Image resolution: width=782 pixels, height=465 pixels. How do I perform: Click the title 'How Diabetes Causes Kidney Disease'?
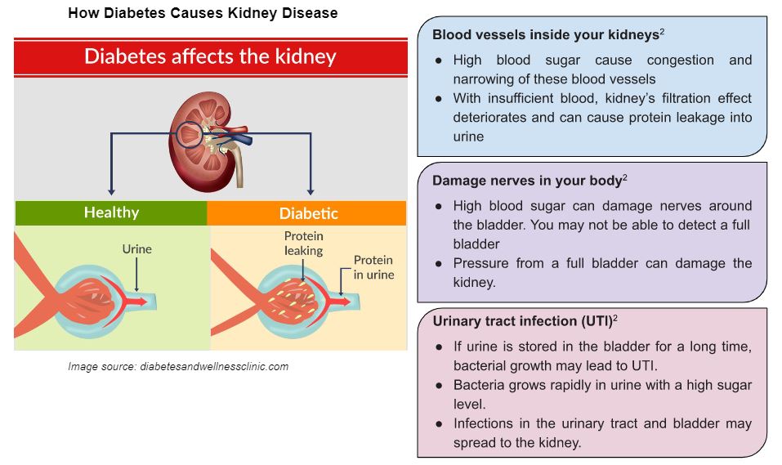point(203,12)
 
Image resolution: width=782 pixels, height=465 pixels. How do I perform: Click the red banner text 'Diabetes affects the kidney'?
point(210,56)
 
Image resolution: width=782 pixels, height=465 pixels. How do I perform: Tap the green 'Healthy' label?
point(111,212)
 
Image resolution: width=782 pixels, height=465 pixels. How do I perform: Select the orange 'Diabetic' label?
point(309,213)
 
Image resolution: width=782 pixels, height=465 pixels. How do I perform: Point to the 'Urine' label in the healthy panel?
point(136,249)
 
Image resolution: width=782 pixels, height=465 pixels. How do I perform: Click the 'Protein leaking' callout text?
point(304,243)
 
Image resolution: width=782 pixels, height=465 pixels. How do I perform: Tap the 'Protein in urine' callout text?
point(373,267)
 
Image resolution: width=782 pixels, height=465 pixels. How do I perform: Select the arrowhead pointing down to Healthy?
point(111,191)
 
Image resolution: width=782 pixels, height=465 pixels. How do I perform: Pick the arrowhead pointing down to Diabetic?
point(311,191)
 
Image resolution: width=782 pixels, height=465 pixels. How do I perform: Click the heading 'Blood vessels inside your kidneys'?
point(546,35)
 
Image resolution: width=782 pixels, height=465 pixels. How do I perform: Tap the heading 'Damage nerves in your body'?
point(527,181)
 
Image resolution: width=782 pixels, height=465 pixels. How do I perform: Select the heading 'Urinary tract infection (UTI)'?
point(523,321)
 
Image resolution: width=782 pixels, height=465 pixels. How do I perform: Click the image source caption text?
point(178,367)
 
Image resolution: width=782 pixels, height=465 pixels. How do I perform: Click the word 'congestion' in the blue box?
point(680,60)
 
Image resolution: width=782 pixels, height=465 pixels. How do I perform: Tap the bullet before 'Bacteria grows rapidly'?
point(439,386)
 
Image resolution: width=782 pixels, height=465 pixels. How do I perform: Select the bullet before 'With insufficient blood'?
point(438,99)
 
